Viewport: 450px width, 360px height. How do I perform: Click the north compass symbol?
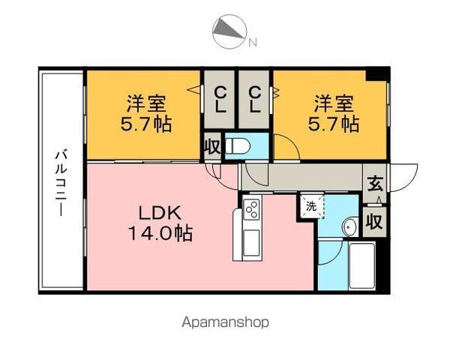[x=229, y=31]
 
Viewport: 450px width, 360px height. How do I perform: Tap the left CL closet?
[x=219, y=98]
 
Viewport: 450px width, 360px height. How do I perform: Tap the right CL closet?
[x=255, y=98]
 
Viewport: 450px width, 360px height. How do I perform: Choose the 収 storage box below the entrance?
[x=374, y=221]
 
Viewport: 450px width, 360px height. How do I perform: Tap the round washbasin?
[x=349, y=226]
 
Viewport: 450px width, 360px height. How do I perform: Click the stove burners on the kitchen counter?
[x=252, y=208]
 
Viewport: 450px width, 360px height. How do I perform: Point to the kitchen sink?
[x=250, y=241]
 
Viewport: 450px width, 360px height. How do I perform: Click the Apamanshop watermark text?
[x=224, y=322]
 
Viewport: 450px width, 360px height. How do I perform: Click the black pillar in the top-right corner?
[x=377, y=73]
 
